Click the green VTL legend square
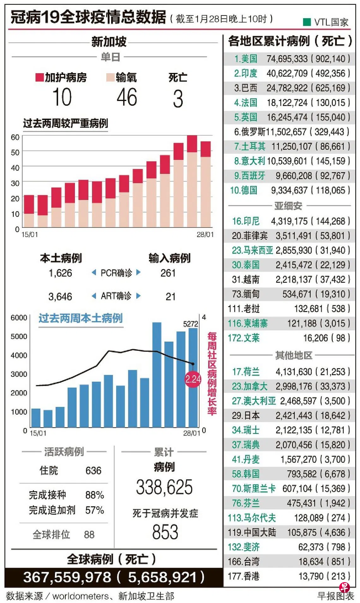point(307,22)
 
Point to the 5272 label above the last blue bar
point(190,324)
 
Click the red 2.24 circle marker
point(193,379)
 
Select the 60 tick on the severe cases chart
point(15,137)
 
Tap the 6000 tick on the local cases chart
point(19,318)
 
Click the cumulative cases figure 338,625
point(164,487)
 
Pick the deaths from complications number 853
point(165,532)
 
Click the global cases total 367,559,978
point(67,577)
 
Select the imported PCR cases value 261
point(168,273)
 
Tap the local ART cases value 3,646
point(60,297)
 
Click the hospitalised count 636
point(93,471)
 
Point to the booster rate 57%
point(94,510)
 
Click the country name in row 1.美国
point(249,59)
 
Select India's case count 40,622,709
point(287,74)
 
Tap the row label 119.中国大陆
point(252,533)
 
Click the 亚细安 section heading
point(288,206)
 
